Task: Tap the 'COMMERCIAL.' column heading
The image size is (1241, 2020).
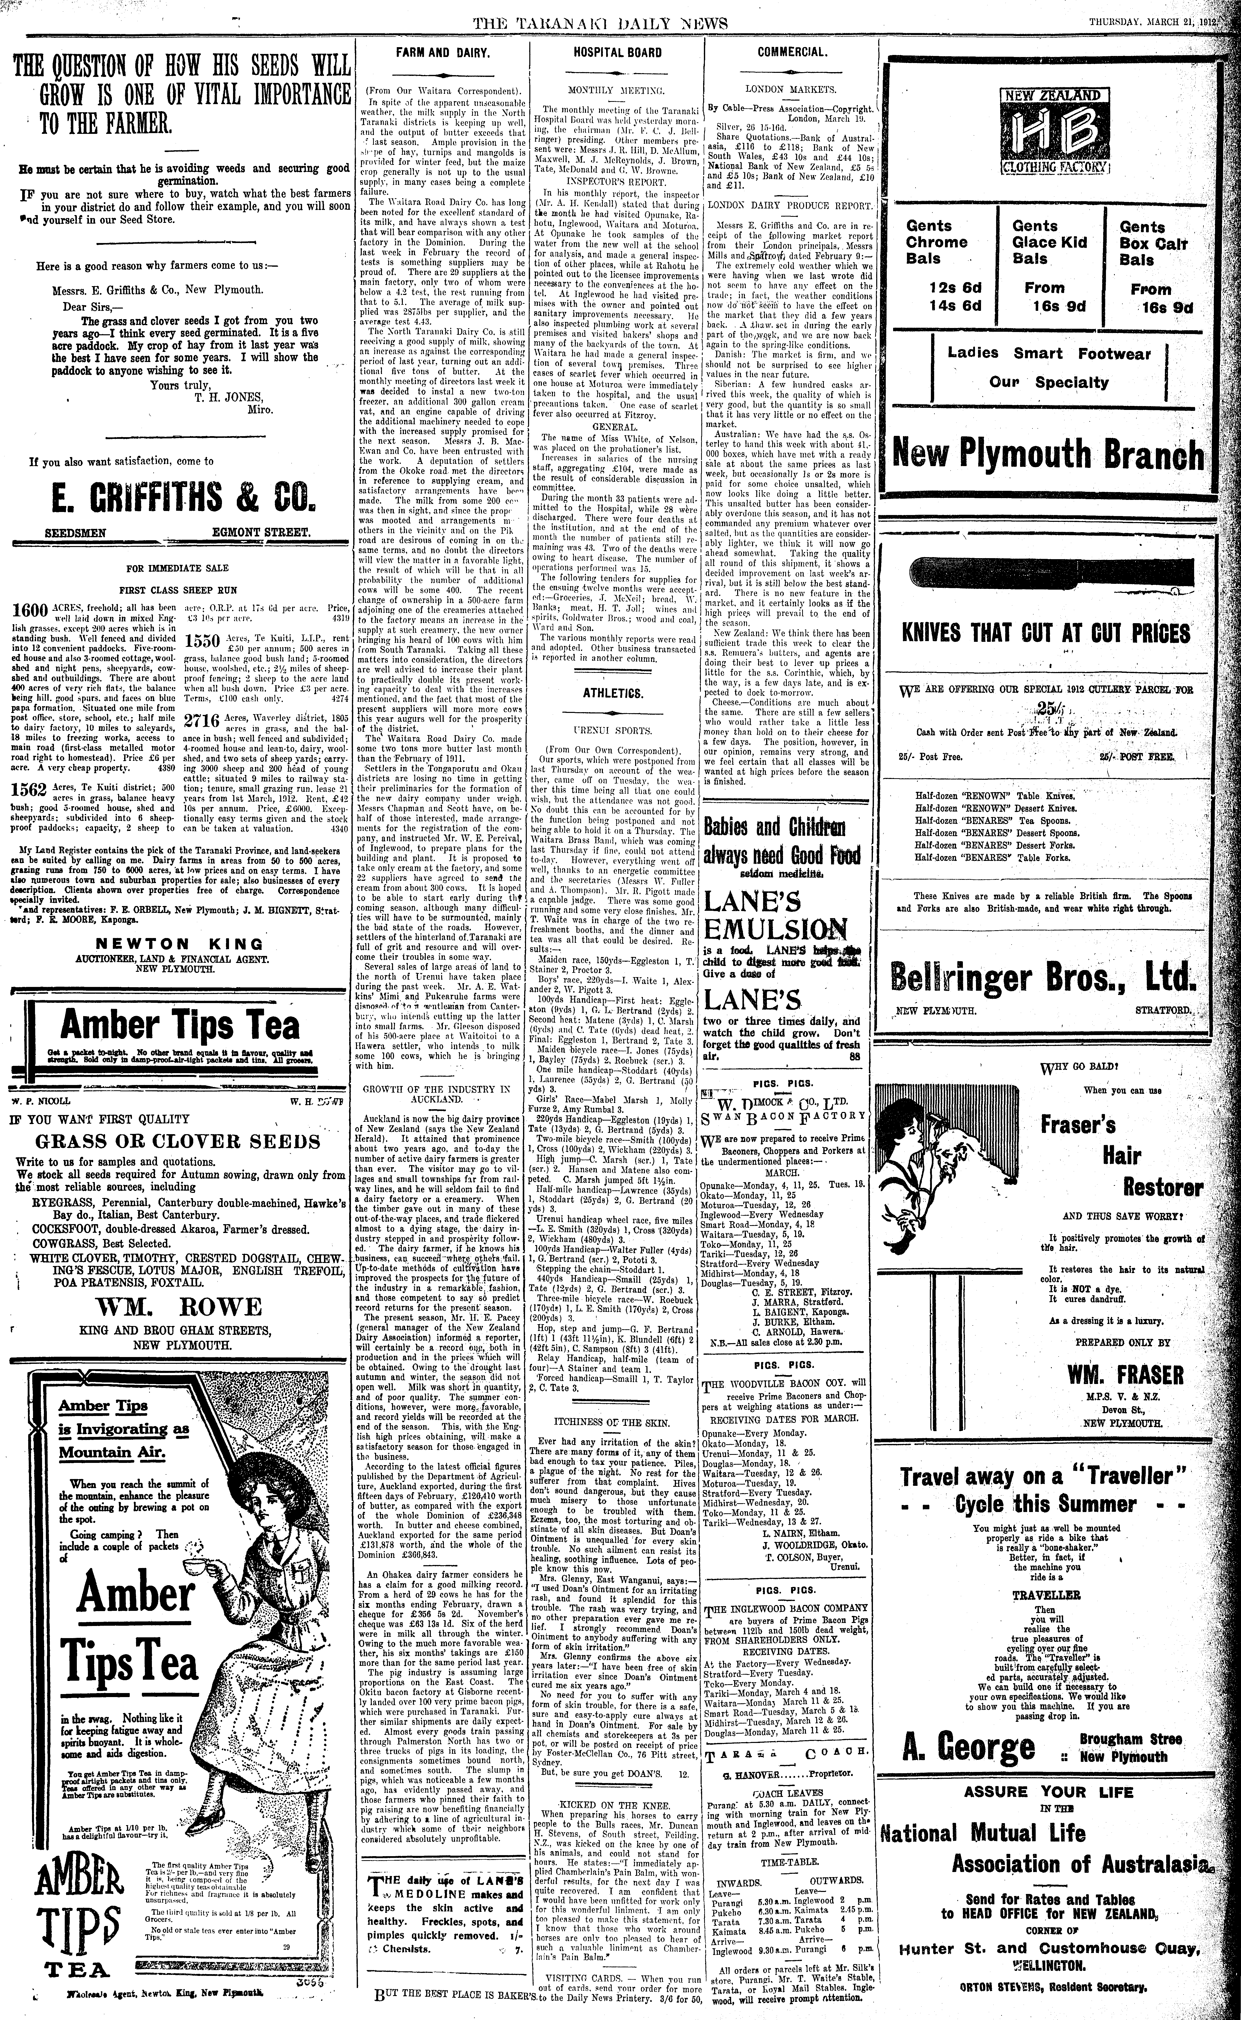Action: [791, 52]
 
